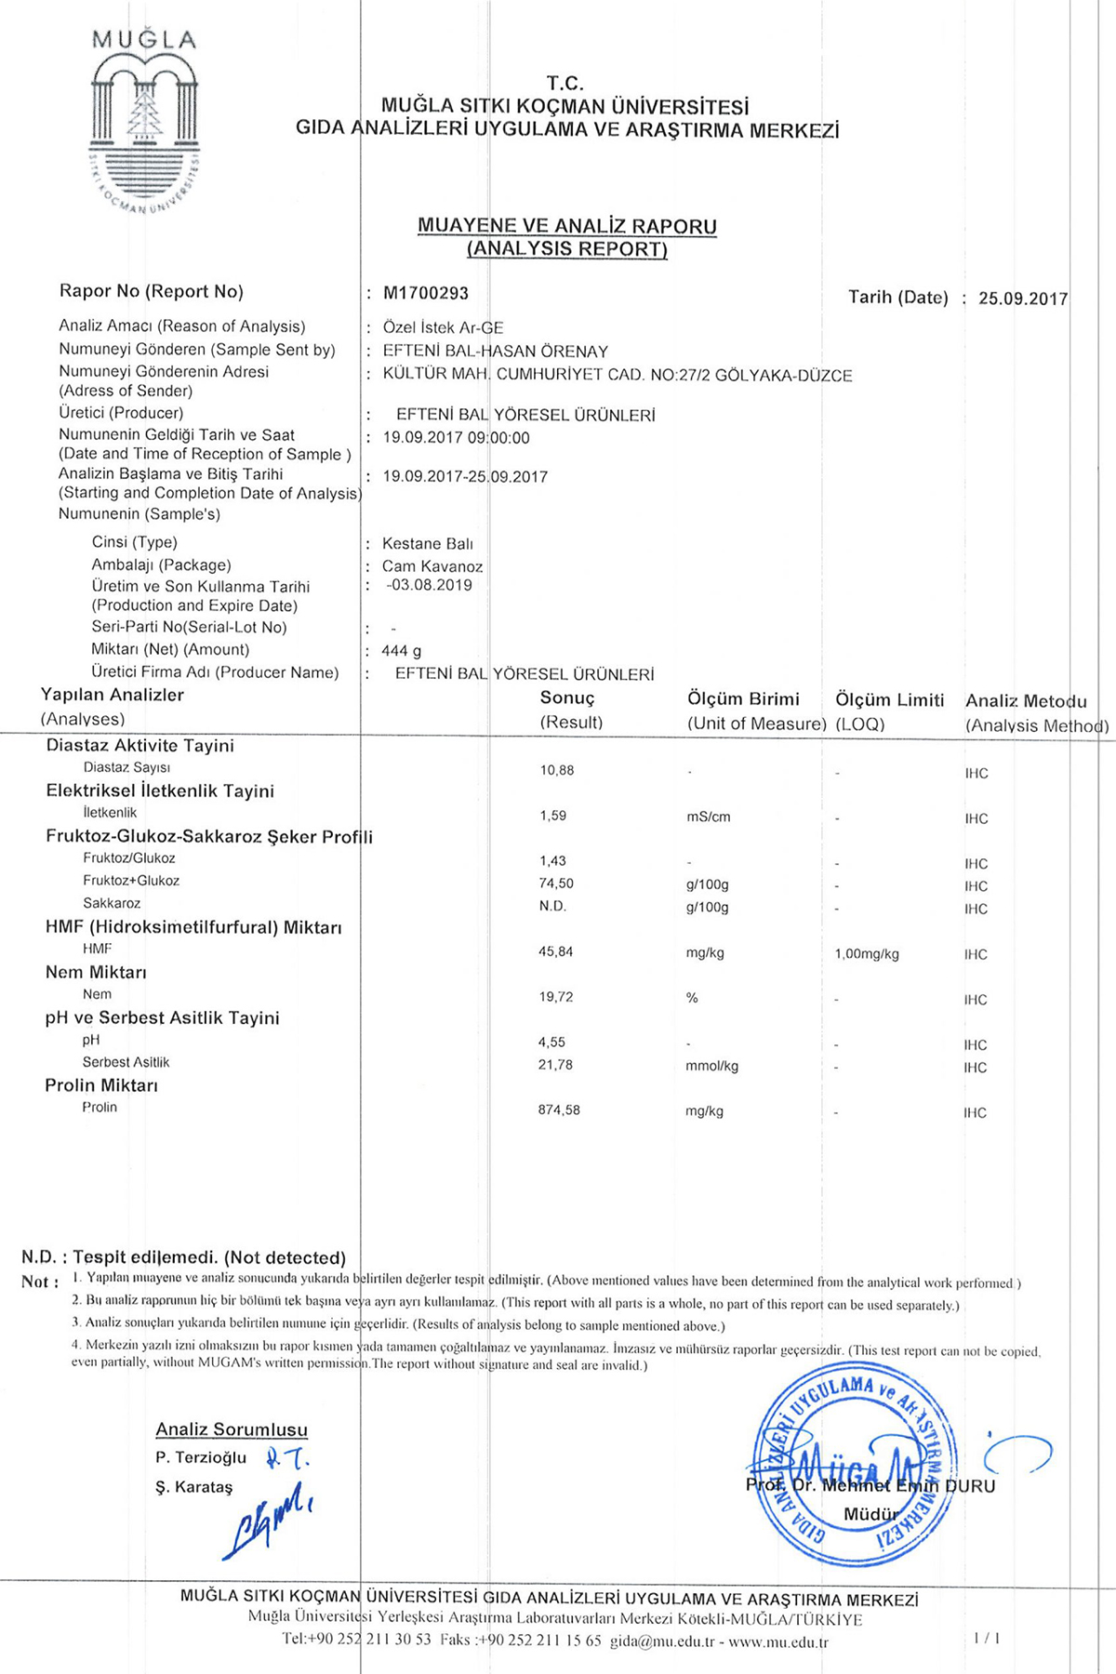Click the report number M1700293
tap(426, 293)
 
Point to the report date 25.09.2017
tap(1023, 299)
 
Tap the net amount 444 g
tap(401, 651)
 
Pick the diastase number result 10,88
tap(557, 770)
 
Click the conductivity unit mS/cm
tap(709, 817)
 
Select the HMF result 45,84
tap(556, 951)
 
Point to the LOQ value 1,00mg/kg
tap(867, 954)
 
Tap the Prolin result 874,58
tap(559, 1109)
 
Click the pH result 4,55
tap(551, 1043)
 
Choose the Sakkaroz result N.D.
tap(552, 906)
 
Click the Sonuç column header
tap(567, 698)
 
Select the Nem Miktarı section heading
tap(96, 973)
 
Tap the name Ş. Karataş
tap(194, 1487)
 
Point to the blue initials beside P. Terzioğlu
tap(286, 1456)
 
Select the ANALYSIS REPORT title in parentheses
tap(567, 249)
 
